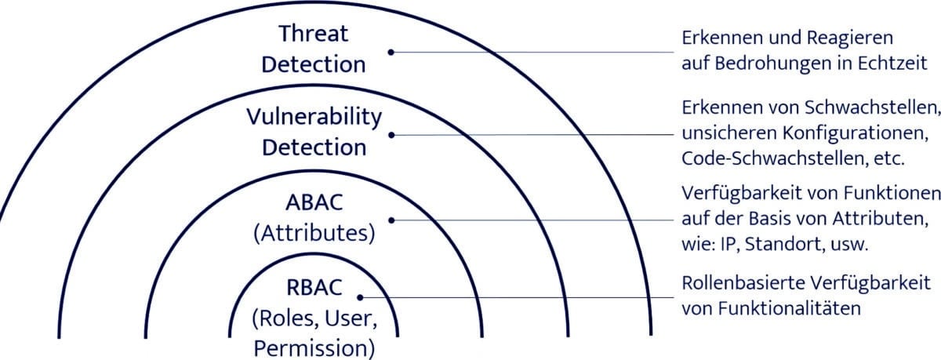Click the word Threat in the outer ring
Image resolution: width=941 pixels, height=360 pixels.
coord(314,33)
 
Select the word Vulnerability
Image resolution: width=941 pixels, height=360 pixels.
coord(314,118)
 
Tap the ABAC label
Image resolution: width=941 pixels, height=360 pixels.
coord(314,202)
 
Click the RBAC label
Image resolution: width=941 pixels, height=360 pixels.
coord(314,288)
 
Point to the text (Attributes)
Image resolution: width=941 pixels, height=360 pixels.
coord(314,234)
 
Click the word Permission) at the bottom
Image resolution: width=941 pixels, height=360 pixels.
coord(314,349)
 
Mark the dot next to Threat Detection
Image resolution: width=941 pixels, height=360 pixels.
coord(391,52)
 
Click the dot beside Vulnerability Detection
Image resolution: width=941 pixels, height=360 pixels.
coord(391,135)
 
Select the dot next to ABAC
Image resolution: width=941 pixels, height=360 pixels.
coord(391,220)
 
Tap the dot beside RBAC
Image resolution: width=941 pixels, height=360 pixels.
coord(360,297)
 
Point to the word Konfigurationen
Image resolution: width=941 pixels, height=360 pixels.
coord(856,133)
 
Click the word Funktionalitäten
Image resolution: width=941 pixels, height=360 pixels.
coord(790,308)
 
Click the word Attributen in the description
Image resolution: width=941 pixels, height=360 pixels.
coord(881,219)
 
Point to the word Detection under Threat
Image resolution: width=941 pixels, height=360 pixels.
coord(314,64)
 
